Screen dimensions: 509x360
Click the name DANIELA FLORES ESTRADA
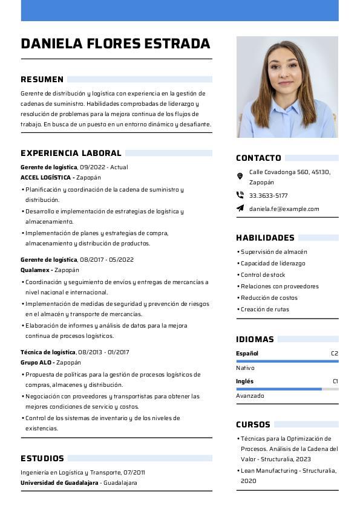tap(116, 44)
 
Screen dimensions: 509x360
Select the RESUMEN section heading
tap(42, 79)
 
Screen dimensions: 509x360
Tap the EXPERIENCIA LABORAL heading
tap(71, 153)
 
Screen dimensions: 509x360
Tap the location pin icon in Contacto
tap(240, 176)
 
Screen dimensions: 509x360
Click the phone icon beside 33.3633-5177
tap(240, 195)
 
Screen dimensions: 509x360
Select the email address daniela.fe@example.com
tap(284, 209)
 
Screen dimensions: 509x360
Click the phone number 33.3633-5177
tap(268, 196)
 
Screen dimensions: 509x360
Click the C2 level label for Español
tap(335, 354)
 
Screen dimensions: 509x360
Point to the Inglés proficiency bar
tap(287, 389)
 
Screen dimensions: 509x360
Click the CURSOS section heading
tap(253, 424)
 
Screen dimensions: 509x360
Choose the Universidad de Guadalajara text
tap(59, 483)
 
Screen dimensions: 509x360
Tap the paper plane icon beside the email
tap(240, 209)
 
